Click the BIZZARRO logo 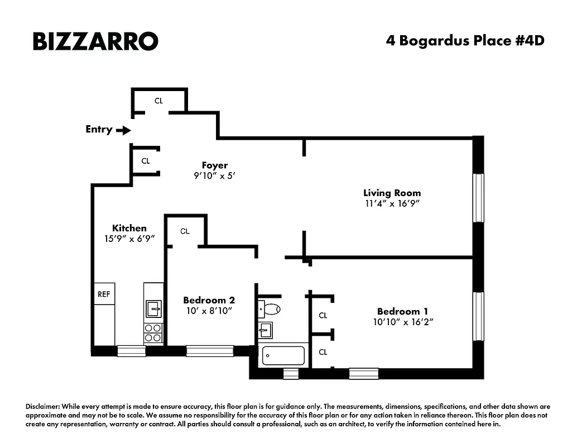point(95,41)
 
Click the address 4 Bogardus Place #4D point(464,41)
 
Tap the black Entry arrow point(123,130)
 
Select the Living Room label point(392,193)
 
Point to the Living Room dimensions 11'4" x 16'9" point(392,204)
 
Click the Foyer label point(215,165)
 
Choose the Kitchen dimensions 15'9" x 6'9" point(129,238)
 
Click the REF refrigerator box point(104,294)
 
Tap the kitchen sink point(153,308)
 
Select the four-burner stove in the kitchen point(153,332)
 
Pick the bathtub point(284,355)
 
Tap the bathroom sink point(266,330)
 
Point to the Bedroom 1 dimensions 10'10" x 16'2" point(403,322)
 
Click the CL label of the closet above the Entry point(159,101)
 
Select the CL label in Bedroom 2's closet point(185,231)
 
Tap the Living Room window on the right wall point(478,198)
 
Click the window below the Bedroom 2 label point(210,351)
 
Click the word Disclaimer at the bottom point(43,407)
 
